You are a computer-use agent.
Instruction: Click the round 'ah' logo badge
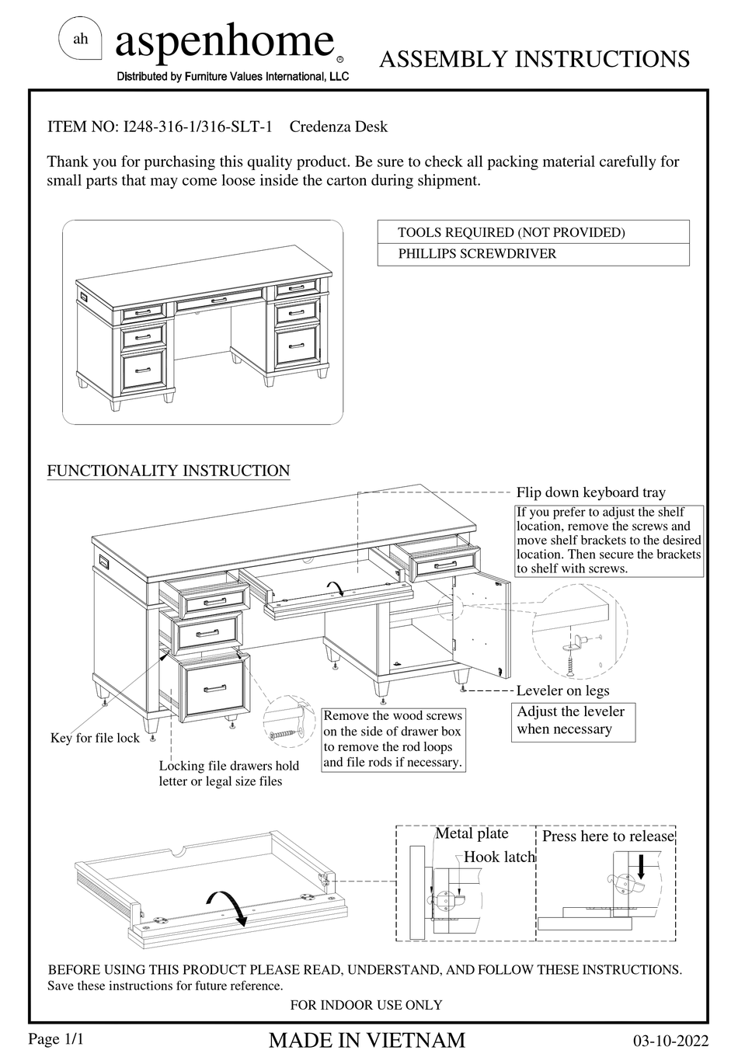coord(81,40)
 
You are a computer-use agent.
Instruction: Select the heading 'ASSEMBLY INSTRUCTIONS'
coord(534,59)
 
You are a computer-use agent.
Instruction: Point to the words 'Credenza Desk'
coord(338,127)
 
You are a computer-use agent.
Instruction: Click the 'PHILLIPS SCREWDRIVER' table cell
coord(477,254)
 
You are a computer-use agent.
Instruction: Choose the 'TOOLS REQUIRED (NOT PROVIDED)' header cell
coord(511,232)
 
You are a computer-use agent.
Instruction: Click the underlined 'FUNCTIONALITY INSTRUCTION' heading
coord(169,471)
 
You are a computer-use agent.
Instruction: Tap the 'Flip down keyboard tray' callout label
coord(590,492)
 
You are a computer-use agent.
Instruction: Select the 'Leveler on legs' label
coord(562,690)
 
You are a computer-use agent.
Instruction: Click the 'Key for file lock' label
coord(95,738)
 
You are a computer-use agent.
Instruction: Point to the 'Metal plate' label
coord(472,833)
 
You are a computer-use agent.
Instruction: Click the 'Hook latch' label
coord(500,857)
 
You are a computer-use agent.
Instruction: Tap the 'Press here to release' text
coord(607,836)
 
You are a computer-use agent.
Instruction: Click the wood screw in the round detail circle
coord(284,732)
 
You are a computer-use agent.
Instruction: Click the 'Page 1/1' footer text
coord(56,1039)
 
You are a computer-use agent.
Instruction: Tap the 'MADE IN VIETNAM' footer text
coord(367,1041)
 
